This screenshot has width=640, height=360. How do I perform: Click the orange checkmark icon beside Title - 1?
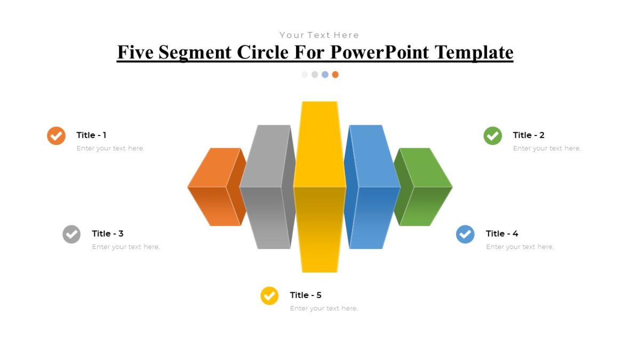click(x=56, y=135)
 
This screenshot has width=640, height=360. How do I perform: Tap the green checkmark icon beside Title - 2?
click(x=492, y=135)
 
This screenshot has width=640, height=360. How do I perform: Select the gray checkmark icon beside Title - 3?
click(x=71, y=234)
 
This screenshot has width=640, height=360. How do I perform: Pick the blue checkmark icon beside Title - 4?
click(x=465, y=234)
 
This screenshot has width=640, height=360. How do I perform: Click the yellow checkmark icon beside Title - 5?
click(x=269, y=295)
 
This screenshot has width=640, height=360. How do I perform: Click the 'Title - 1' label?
click(x=91, y=135)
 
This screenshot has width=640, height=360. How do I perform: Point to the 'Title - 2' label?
click(x=529, y=135)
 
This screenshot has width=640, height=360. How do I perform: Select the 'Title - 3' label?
click(x=107, y=234)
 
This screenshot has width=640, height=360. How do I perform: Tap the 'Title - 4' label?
click(x=502, y=234)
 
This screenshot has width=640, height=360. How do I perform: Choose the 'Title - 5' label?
click(x=306, y=295)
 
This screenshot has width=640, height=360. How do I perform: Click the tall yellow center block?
click(x=319, y=187)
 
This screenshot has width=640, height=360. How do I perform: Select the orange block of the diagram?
click(x=213, y=187)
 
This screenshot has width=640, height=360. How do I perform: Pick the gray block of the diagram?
click(x=266, y=187)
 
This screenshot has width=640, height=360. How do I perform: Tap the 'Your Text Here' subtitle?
click(x=319, y=35)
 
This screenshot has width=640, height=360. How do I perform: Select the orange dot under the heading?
click(x=335, y=75)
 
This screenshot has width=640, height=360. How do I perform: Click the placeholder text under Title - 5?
click(x=324, y=308)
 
